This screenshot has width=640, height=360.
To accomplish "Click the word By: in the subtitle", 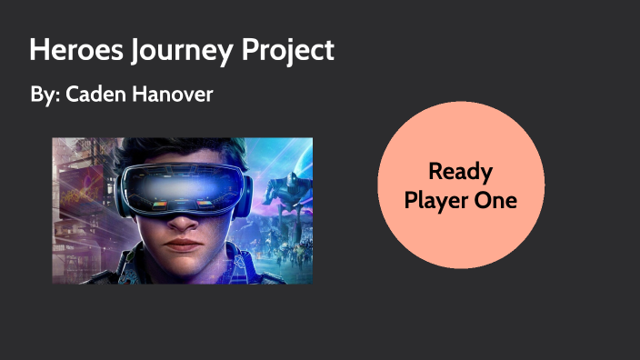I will [45, 94].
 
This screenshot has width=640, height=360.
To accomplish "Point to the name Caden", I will [95, 94].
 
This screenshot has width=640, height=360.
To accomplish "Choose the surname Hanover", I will [172, 94].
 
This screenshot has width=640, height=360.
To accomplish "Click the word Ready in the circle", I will [460, 170].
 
